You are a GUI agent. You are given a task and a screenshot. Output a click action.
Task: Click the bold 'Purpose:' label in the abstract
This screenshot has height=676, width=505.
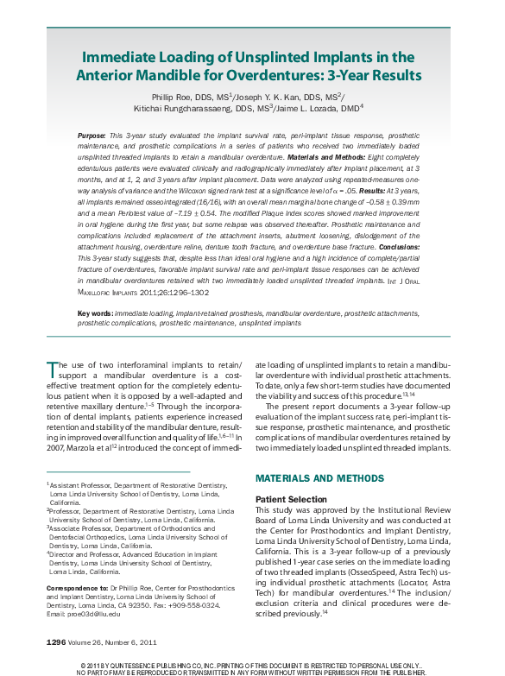click(x=92, y=136)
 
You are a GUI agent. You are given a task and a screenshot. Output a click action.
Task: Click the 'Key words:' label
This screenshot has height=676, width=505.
click(x=95, y=287)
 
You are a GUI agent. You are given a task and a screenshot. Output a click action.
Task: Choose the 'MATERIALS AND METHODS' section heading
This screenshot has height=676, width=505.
click(x=318, y=478)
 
